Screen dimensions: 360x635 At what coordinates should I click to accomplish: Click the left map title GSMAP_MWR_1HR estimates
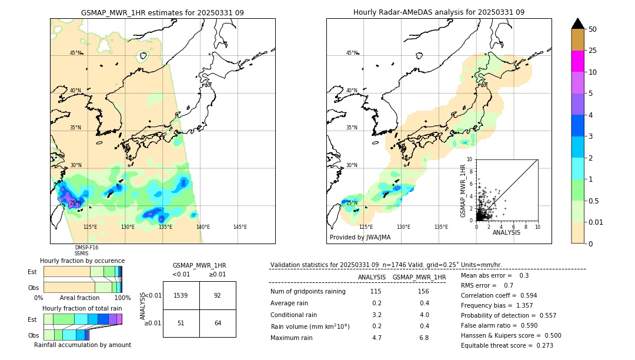(x=162, y=12)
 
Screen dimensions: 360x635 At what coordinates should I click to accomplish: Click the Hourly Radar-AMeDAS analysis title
(x=439, y=12)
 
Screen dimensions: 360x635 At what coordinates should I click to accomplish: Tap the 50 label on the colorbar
(x=593, y=29)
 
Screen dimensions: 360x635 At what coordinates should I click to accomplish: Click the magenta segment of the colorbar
(x=578, y=61)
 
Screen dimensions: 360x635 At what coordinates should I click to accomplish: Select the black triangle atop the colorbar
(x=578, y=24)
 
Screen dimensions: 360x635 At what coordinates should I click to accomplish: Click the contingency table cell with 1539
(x=181, y=295)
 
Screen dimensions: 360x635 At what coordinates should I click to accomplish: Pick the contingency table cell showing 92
(x=218, y=295)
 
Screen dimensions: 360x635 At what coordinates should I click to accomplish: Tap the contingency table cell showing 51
(x=181, y=322)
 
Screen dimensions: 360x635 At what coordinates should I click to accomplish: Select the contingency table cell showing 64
(x=218, y=322)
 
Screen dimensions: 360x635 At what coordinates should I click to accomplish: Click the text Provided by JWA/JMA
(x=360, y=238)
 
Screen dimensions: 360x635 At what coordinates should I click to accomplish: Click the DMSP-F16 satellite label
(x=86, y=248)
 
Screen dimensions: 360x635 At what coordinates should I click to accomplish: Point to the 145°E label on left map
(x=240, y=227)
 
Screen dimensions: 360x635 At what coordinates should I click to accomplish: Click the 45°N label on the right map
(x=351, y=53)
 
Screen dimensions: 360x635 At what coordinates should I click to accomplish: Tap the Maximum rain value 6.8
(x=424, y=338)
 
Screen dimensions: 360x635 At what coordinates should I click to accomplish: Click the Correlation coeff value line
(x=499, y=296)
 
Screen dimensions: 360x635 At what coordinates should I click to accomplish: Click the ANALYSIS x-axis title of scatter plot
(x=506, y=233)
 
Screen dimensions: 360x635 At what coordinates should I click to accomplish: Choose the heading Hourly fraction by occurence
(x=82, y=261)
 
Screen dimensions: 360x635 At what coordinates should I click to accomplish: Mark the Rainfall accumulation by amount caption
(x=82, y=345)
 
